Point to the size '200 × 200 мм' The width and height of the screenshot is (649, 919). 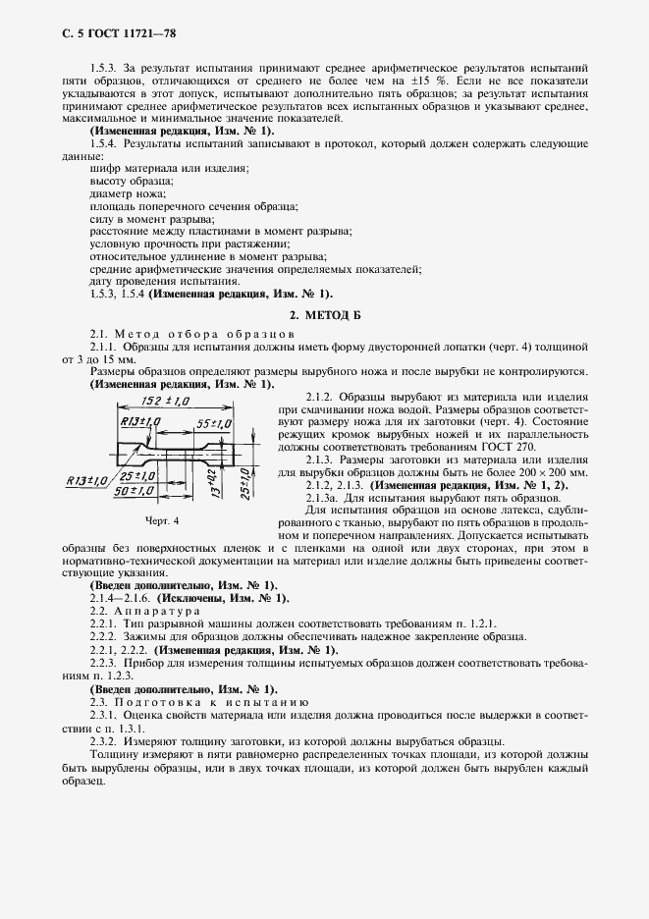[554, 472]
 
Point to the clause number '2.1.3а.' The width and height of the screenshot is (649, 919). [327, 498]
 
